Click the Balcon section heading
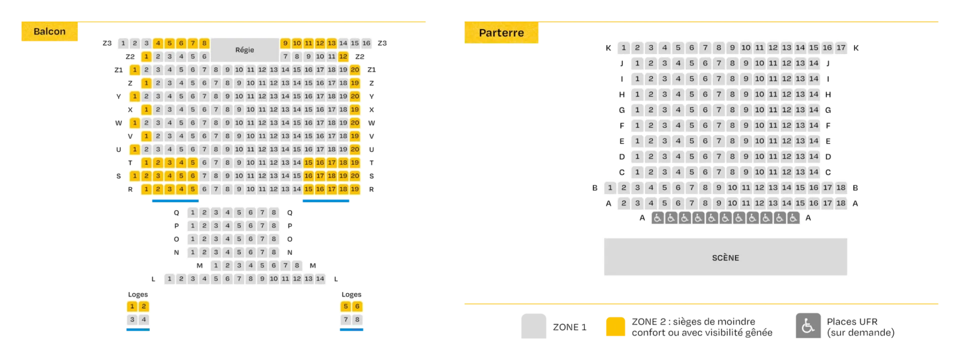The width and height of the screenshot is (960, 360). (49, 31)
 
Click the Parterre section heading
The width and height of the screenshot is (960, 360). (501, 32)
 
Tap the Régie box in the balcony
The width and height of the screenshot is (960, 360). (244, 49)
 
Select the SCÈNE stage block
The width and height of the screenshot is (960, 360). (725, 257)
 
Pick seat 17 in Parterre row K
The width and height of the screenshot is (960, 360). (841, 47)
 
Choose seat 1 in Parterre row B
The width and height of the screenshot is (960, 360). (610, 187)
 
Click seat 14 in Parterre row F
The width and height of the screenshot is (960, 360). (814, 125)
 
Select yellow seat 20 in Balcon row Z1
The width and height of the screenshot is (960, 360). (354, 69)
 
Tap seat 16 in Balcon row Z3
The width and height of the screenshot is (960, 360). (366, 43)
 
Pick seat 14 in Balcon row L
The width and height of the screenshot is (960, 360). (320, 278)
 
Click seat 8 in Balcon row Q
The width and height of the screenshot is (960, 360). (273, 212)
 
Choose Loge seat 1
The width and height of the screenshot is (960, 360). (132, 306)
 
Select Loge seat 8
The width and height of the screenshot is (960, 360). (357, 319)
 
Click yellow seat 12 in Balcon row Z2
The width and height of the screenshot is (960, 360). (343, 56)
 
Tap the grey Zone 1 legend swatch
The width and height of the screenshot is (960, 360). (533, 326)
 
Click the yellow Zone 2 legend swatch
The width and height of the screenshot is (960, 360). (615, 326)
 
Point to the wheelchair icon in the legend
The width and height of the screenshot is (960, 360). (808, 326)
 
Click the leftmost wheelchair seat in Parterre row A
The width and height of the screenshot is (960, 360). (657, 218)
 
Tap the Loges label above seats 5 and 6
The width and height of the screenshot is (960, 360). (351, 294)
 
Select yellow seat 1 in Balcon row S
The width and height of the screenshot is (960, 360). (134, 175)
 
